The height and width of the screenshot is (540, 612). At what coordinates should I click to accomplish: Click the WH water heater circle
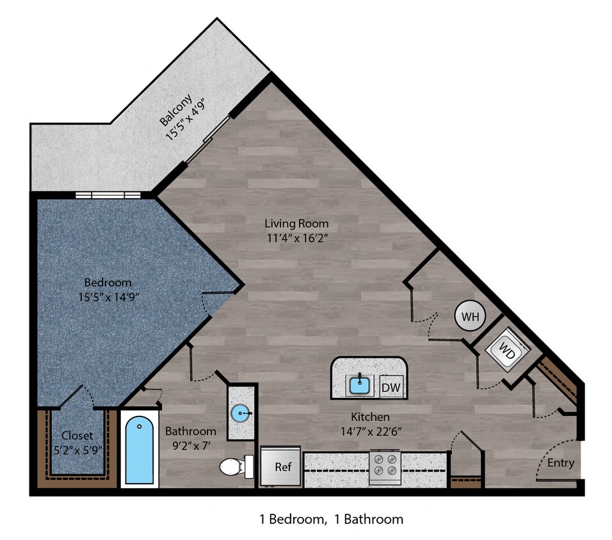[470, 317]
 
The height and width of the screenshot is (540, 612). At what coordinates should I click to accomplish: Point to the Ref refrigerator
[282, 467]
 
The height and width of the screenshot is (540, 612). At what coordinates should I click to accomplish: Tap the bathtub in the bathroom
[140, 450]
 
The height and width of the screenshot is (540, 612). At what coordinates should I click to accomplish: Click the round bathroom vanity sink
[242, 413]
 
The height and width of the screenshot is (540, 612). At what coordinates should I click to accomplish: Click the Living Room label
[296, 224]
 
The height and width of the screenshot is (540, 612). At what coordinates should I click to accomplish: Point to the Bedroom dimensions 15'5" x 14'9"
[108, 297]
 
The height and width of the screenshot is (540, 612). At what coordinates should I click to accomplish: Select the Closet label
[77, 436]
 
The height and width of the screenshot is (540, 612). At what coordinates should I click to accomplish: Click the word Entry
[560, 463]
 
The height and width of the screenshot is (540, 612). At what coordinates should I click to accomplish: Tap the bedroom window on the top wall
[108, 195]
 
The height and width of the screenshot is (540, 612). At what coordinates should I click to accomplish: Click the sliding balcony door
[209, 140]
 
